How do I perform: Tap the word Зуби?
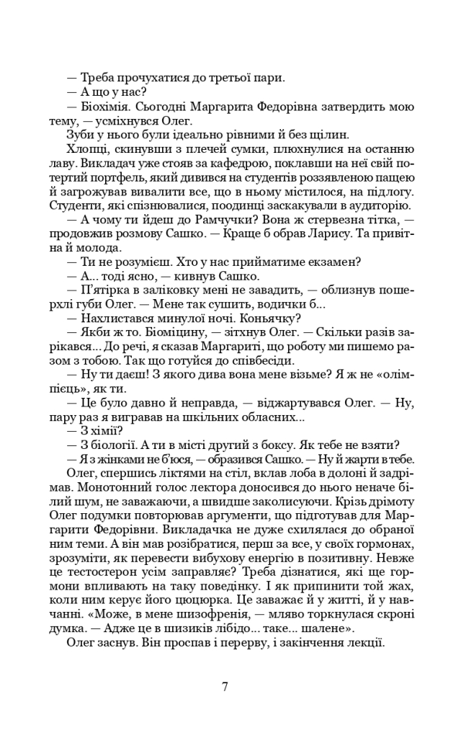coord(80,135)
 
